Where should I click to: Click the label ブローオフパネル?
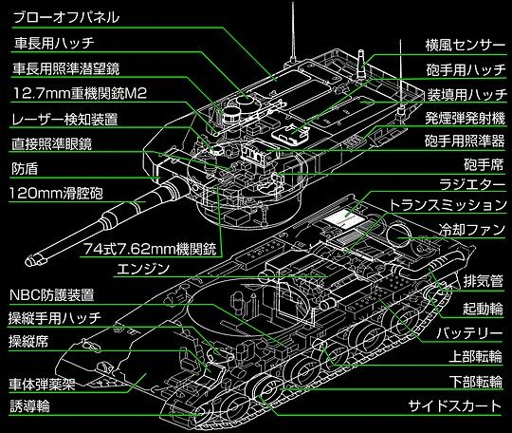point(66,17)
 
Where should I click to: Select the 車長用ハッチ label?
point(54,43)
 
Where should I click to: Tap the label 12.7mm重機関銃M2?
point(80,94)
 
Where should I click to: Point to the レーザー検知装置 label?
point(64,119)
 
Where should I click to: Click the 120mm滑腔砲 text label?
point(56,194)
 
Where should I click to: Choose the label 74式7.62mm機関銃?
point(151,249)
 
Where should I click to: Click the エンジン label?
point(143,269)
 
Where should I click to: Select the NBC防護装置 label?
point(52,295)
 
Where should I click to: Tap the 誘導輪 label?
point(29,406)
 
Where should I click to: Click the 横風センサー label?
point(466,46)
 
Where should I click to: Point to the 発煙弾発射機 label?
point(465,118)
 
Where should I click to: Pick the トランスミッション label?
point(448,205)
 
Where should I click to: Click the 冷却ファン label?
point(472,229)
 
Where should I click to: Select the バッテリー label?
point(469,333)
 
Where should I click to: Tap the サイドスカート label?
point(455,406)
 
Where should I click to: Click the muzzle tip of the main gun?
point(29,260)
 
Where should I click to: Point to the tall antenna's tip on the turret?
point(293,3)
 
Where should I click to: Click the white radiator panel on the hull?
point(343,219)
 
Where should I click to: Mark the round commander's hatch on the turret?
point(247,102)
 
